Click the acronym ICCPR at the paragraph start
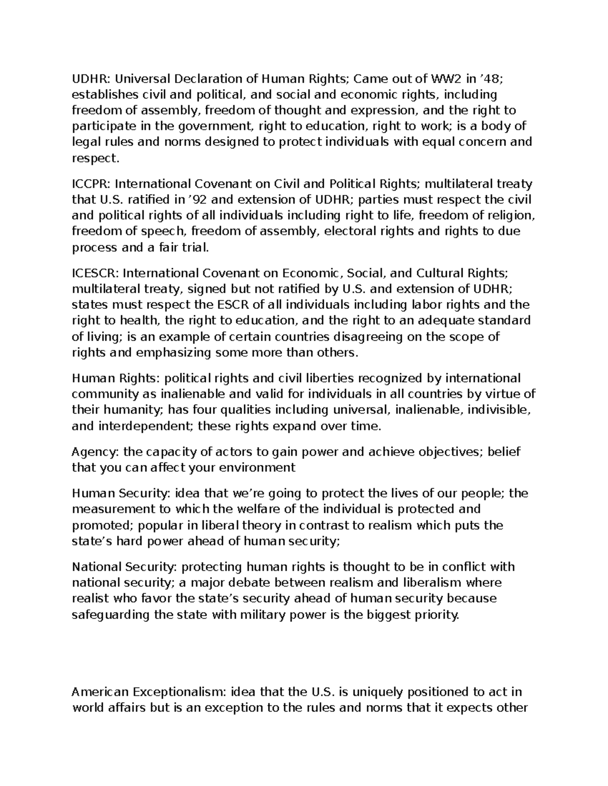pyautogui.click(x=89, y=184)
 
